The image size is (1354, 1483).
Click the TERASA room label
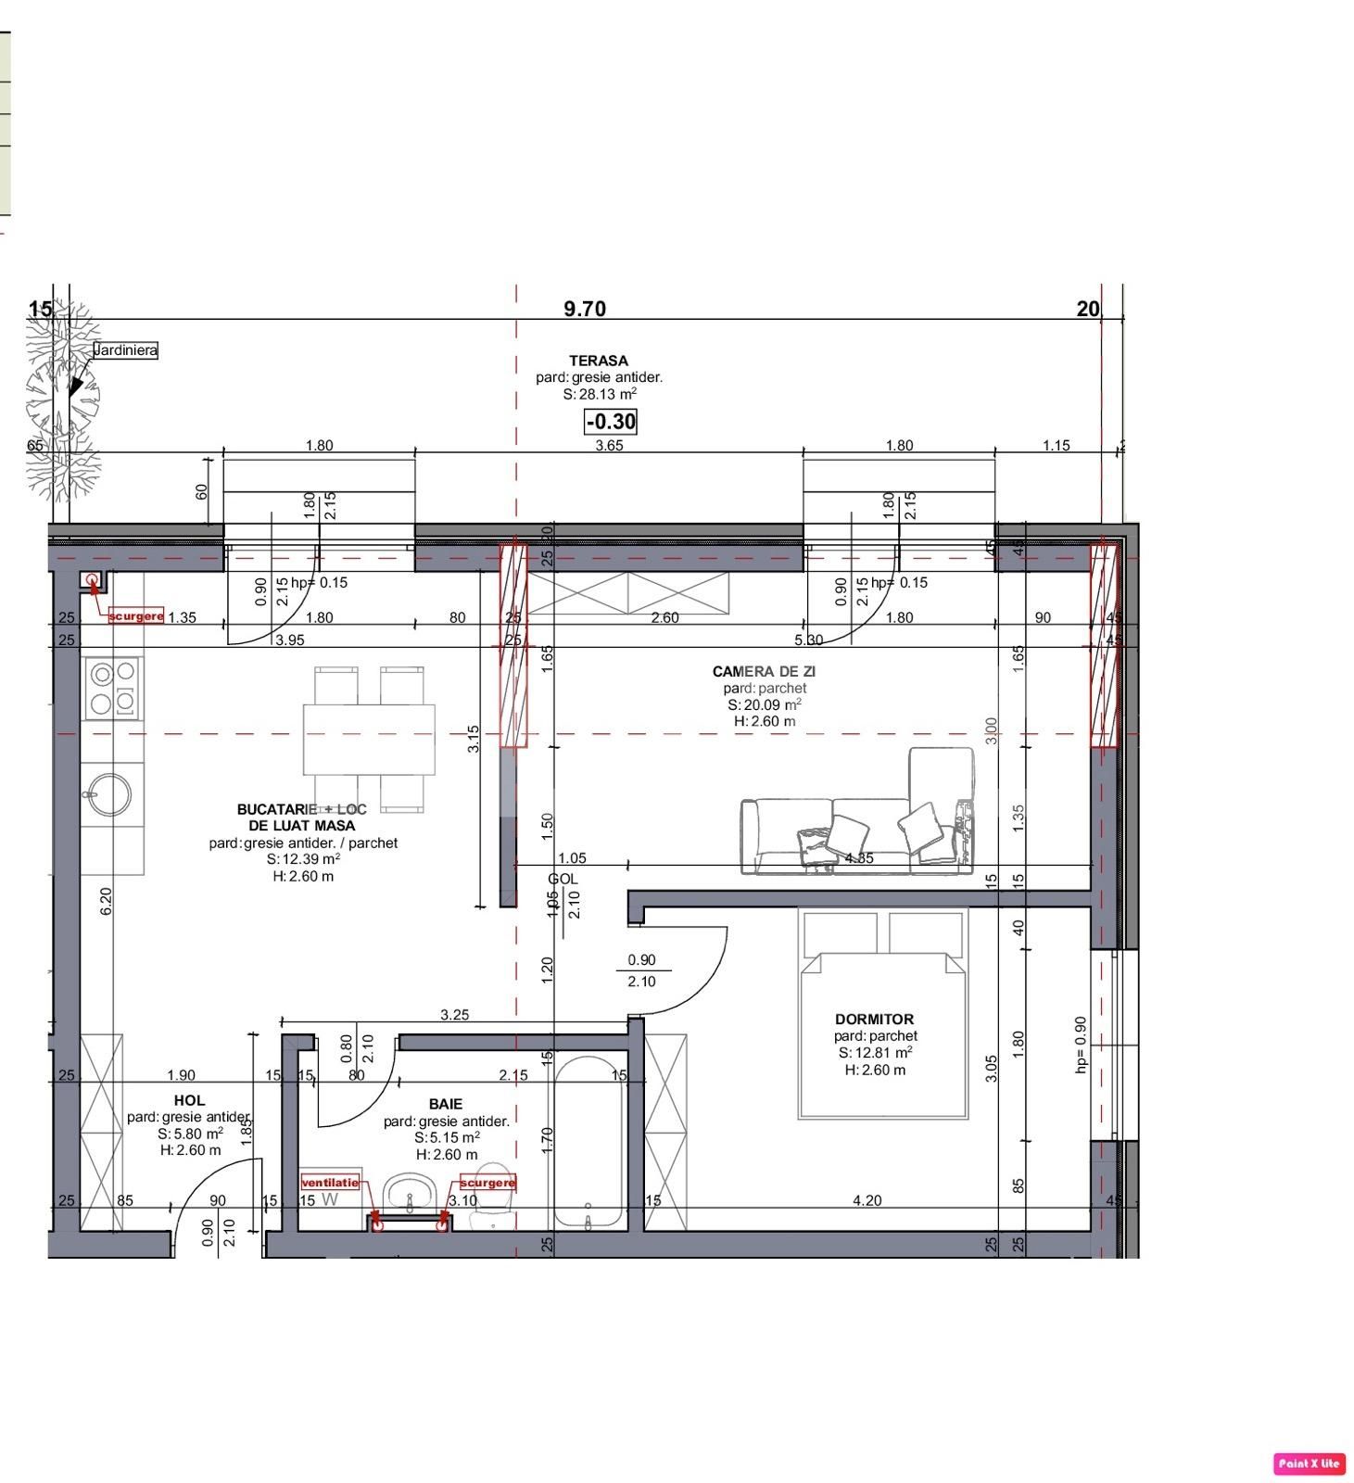pos(598,361)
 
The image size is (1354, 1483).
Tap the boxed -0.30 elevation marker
pos(611,422)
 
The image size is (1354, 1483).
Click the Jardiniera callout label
pos(125,350)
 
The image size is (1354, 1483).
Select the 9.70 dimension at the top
pos(585,309)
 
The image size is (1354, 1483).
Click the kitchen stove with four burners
pos(112,688)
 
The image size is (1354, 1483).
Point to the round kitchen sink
pos(110,795)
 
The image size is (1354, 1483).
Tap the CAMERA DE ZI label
pos(764,671)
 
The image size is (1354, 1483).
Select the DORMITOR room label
pos(874,1019)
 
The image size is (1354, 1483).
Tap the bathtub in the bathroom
pos(588,1140)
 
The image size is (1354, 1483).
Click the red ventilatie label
pos(330,1183)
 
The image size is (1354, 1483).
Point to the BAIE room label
pos(445,1104)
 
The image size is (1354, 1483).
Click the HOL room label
pos(189,1100)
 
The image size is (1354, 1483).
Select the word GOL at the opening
pos(563,879)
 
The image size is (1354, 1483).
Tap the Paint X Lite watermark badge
pos(1308,1464)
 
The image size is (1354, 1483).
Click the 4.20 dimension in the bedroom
pos(867,1200)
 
